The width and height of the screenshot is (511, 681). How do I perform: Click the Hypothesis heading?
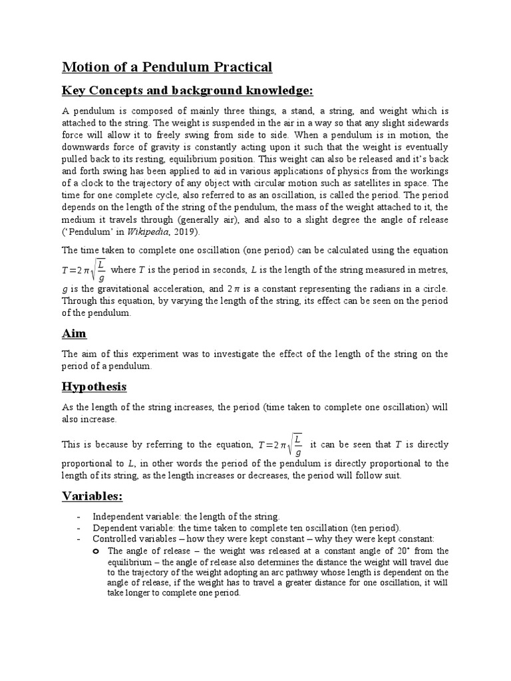coord(94,386)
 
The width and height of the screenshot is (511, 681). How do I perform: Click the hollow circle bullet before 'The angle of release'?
coord(96,551)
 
